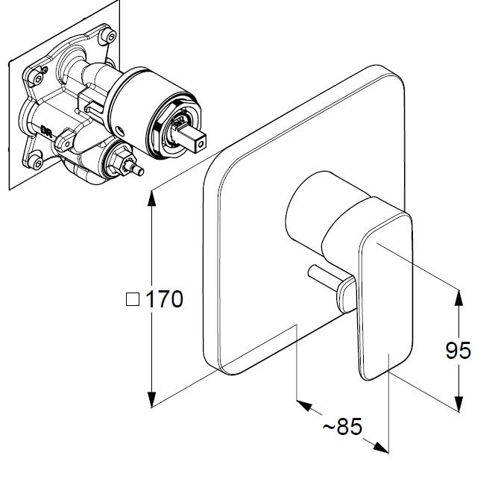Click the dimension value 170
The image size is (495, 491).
point(165,299)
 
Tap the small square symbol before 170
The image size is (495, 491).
point(133,299)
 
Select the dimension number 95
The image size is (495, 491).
point(458,350)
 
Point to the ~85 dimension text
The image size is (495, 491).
point(342,426)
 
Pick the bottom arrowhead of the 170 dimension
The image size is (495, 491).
point(152,399)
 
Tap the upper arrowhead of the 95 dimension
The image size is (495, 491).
point(458,298)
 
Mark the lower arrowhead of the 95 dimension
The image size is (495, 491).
point(458,404)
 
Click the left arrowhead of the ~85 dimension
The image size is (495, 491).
point(304,405)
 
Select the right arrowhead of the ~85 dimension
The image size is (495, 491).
point(381,447)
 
